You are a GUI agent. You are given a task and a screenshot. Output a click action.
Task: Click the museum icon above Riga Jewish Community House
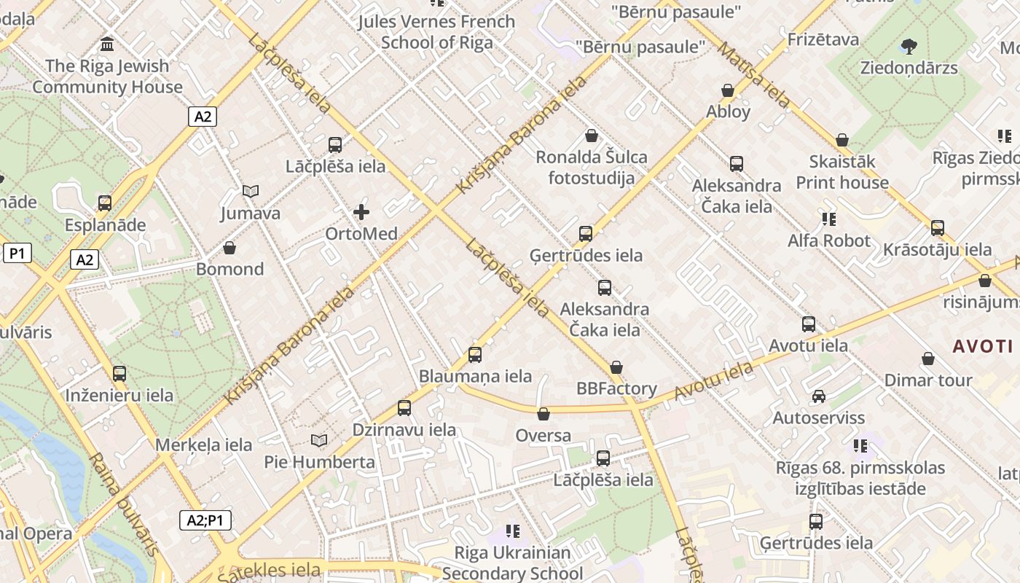tap(108, 44)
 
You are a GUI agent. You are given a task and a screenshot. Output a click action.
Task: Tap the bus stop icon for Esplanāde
tap(105, 203)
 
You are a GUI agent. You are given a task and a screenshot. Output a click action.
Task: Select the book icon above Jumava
tap(251, 191)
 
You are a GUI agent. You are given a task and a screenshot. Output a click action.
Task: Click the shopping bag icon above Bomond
tap(229, 248)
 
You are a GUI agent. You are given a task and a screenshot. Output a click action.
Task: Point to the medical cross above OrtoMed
tap(361, 212)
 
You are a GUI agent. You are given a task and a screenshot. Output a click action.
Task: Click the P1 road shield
tap(17, 254)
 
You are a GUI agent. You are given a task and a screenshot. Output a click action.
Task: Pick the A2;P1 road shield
tap(205, 520)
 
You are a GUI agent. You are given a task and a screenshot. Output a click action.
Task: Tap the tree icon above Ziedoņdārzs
tap(909, 47)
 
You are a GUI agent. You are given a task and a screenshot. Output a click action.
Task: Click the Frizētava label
tap(823, 39)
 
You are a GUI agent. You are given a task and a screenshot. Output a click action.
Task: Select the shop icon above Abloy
tap(727, 90)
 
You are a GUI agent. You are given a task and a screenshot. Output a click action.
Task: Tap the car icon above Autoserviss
tap(818, 396)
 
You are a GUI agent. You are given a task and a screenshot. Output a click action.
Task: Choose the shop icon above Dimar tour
tap(927, 359)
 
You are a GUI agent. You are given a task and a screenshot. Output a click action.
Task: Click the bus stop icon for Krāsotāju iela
tap(937, 228)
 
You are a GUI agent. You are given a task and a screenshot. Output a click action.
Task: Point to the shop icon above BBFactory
tap(616, 367)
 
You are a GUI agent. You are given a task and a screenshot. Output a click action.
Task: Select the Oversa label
tap(543, 436)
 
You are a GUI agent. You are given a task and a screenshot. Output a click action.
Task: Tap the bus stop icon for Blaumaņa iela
tap(475, 355)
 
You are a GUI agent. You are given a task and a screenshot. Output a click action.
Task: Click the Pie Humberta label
tap(319, 462)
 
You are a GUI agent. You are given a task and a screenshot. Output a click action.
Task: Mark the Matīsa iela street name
tap(753, 75)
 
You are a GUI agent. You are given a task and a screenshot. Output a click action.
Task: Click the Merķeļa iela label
tap(203, 445)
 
